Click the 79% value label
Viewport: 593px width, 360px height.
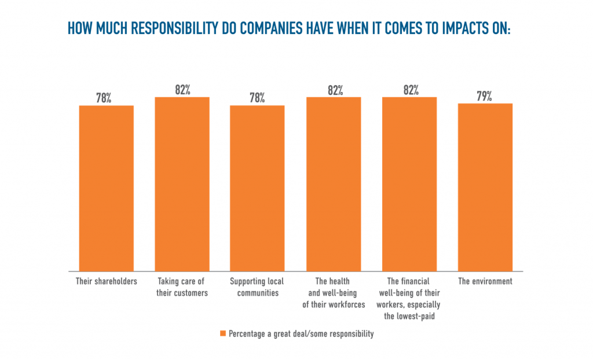pos(484,96)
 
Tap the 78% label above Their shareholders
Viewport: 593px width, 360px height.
pos(104,98)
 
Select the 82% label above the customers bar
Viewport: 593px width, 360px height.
pos(182,90)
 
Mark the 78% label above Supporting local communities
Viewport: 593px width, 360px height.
pos(257,98)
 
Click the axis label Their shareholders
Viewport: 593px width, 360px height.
pos(106,282)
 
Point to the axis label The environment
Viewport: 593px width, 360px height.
pos(485,282)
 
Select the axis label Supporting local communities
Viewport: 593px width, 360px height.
pos(257,287)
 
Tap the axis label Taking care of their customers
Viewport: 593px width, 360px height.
pos(182,287)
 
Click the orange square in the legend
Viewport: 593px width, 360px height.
pos(223,334)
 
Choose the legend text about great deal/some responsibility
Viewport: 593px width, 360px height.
pos(301,334)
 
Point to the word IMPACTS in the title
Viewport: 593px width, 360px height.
pos(457,28)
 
